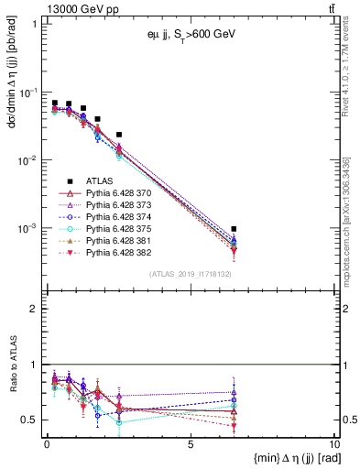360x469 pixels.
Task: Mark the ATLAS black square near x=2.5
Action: point(119,135)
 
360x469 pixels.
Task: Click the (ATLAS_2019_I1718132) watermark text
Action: point(190,272)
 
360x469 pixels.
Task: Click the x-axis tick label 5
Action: point(190,445)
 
